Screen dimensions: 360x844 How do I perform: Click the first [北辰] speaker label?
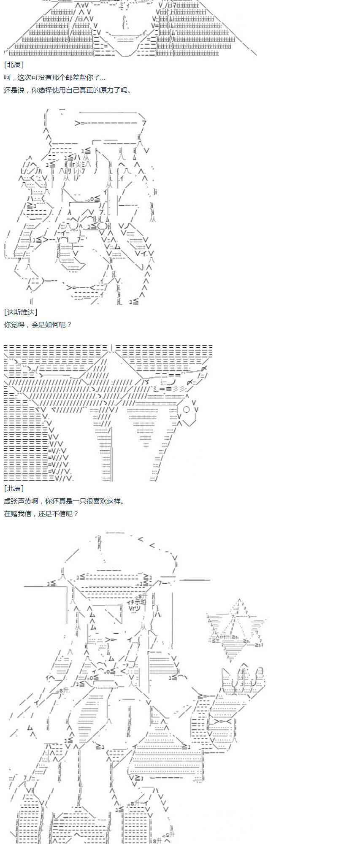coord(14,65)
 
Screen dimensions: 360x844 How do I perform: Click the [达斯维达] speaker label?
coord(21,312)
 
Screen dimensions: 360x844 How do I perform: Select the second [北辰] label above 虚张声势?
coord(14,488)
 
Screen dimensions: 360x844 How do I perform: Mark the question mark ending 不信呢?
coord(76,514)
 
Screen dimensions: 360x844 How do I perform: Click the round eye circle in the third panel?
coord(187,409)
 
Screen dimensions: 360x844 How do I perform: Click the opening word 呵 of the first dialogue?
coord(7,78)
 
